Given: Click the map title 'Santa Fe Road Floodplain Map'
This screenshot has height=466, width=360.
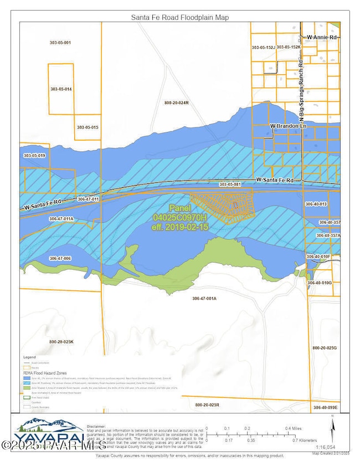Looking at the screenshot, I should tap(180, 17).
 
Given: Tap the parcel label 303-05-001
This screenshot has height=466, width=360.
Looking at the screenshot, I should tap(59, 43).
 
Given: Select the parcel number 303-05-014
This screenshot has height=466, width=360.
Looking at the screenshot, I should tap(61, 89).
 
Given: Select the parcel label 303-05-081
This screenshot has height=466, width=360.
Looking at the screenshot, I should tap(230, 184).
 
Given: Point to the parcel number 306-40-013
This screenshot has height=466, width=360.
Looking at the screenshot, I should tap(316, 204).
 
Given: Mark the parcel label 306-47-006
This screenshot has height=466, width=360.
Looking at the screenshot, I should tap(60, 259).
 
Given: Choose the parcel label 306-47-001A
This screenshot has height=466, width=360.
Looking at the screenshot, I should tap(204, 299).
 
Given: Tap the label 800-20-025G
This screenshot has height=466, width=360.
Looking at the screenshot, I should tap(324, 347).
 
